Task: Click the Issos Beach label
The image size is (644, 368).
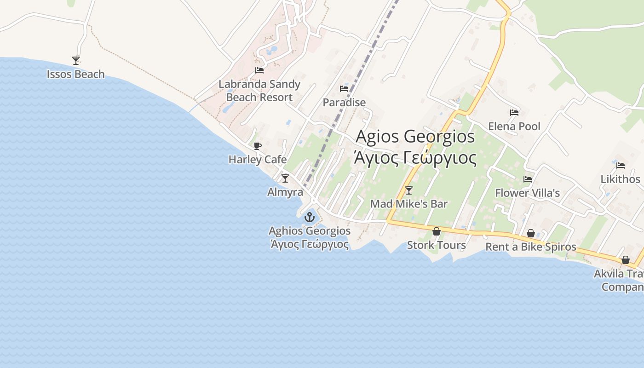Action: [x=76, y=74]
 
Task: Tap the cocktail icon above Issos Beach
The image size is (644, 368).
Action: [x=76, y=60]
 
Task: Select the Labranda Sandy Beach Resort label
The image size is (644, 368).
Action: [x=259, y=91]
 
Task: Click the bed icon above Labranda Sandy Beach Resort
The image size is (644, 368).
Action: [x=259, y=70]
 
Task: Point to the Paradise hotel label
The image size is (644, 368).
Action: [x=344, y=103]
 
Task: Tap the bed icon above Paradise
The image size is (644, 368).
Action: [x=344, y=88]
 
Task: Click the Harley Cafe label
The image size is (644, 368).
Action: [x=258, y=160]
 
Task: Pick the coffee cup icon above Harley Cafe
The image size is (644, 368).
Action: [x=258, y=146]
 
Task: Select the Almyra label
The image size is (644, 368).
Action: [x=285, y=192]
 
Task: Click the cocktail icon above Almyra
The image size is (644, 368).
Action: [x=285, y=178]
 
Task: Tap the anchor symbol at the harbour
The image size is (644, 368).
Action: [x=310, y=217]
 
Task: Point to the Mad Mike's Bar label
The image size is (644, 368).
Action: [x=409, y=204]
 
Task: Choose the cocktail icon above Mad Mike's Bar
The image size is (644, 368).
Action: [x=409, y=190]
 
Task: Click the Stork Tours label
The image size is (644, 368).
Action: [x=437, y=245]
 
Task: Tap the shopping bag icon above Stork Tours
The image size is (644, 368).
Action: [x=437, y=231]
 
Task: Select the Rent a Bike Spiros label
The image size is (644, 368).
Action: [x=531, y=247]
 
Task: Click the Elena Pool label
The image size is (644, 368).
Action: [x=514, y=126]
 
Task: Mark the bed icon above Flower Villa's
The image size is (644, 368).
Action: [x=528, y=179]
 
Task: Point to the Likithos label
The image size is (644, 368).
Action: [x=620, y=179]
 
